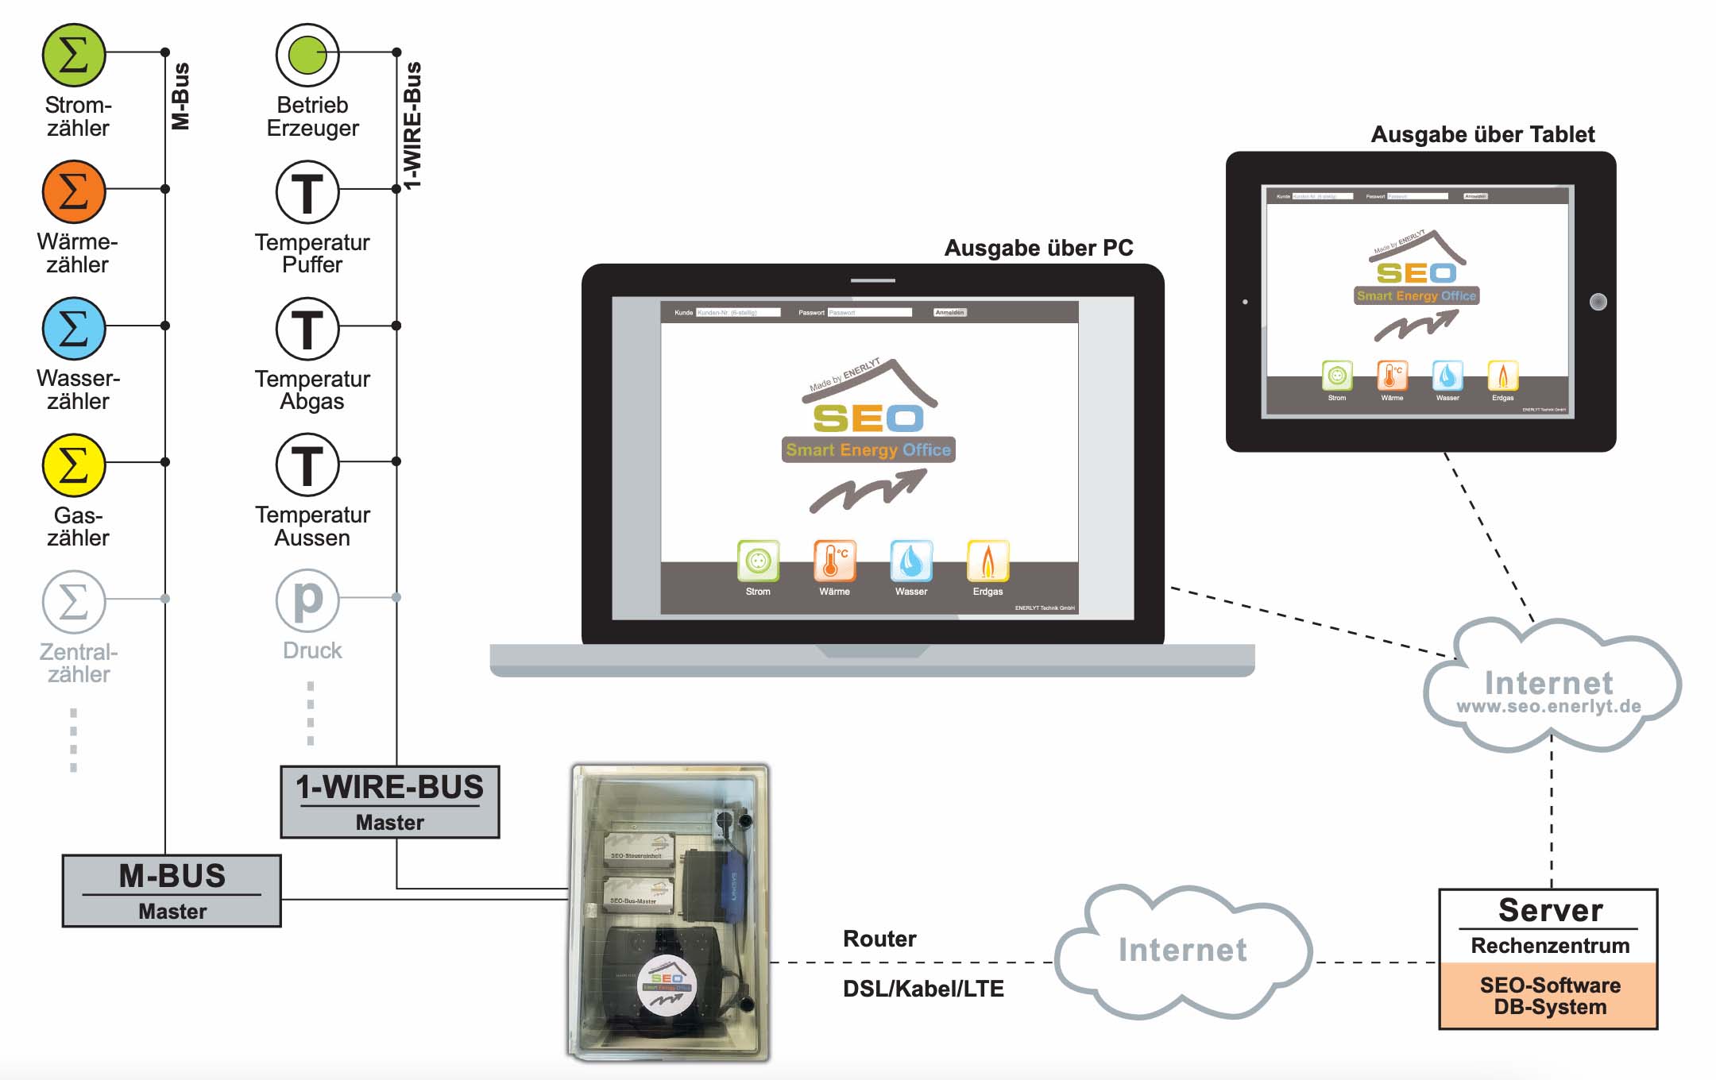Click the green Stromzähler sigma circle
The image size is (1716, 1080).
tap(73, 55)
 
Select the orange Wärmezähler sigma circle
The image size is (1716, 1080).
tap(73, 191)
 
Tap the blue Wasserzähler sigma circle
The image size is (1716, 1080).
tap(73, 328)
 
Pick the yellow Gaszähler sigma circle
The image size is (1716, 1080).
tap(73, 465)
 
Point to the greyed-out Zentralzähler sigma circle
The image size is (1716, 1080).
tap(73, 601)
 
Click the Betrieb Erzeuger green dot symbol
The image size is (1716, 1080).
tap(307, 55)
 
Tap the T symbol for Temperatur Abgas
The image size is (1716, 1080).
tap(307, 328)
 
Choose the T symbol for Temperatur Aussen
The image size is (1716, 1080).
tap(307, 465)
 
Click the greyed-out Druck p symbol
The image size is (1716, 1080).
tap(307, 600)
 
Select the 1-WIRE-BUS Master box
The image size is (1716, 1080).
tap(389, 801)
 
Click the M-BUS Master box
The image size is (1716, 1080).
tap(172, 890)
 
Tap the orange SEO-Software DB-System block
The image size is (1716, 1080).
tap(1548, 996)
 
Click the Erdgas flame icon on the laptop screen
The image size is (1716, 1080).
tap(987, 561)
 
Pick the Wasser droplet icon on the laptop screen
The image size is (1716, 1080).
tap(911, 561)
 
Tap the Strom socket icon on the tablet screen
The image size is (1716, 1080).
tap(1337, 376)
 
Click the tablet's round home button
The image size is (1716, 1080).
tap(1598, 302)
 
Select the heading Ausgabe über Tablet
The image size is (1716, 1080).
tap(1482, 134)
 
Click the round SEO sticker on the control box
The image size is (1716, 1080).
tap(667, 985)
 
